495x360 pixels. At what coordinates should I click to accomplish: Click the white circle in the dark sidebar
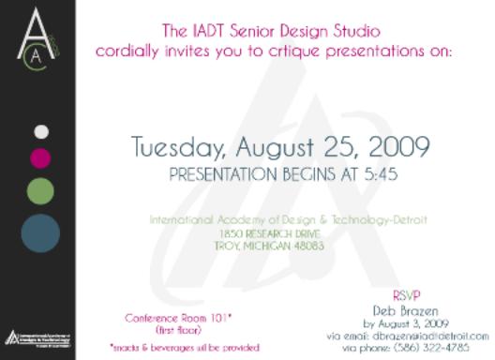tap(40, 131)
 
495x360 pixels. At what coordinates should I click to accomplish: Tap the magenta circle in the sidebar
tap(40, 156)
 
